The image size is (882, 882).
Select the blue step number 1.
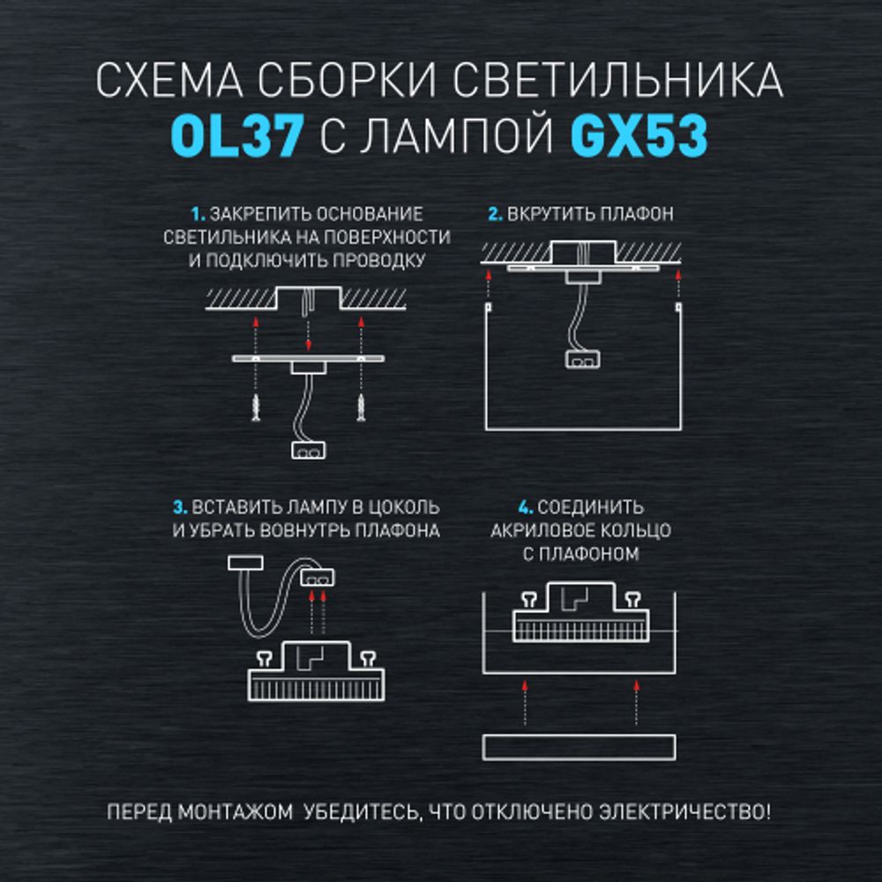(x=197, y=214)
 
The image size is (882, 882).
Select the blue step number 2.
(x=495, y=214)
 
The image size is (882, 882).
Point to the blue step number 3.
(x=180, y=508)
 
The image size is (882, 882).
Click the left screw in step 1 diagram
(x=254, y=408)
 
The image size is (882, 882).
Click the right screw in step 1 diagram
(x=362, y=408)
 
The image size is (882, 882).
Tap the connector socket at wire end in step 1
(x=307, y=449)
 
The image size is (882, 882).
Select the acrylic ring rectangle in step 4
(x=579, y=746)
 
